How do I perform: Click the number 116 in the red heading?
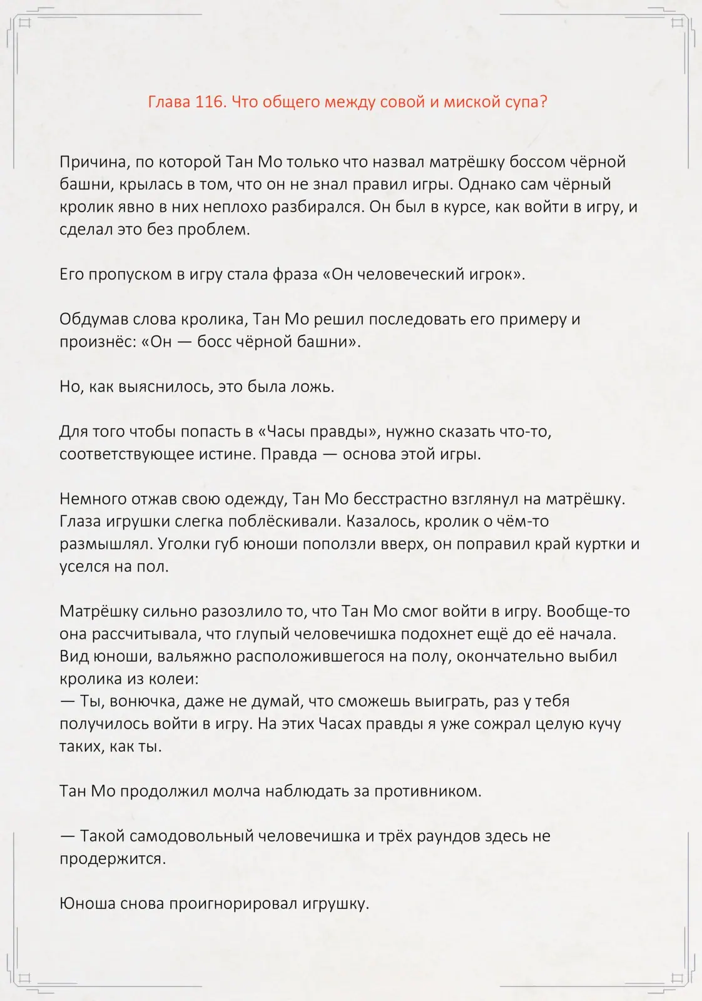point(210,102)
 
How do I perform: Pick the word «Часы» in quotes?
point(289,432)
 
